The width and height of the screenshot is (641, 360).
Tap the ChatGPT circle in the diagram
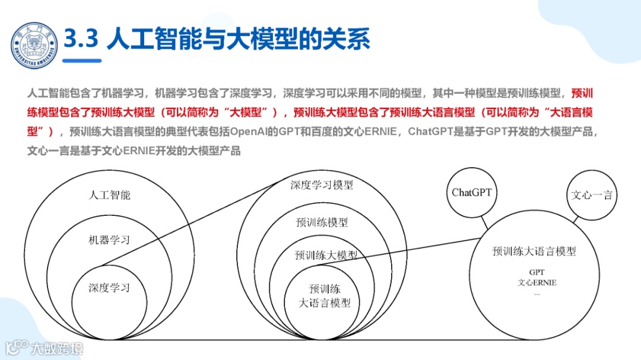pos(472,192)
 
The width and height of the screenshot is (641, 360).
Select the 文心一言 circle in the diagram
pos(591,195)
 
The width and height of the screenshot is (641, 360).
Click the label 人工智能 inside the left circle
pos(109,195)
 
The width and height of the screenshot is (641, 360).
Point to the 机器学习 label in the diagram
pos(109,240)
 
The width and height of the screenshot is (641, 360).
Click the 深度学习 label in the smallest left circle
pos(109,288)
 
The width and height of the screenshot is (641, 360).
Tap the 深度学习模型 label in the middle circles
pos(322,185)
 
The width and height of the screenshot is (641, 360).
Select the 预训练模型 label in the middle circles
pos(322,222)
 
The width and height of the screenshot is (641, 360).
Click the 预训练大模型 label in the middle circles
pos(326,255)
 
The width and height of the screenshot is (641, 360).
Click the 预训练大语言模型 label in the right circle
pos(534,251)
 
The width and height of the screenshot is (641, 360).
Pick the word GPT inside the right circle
pos(537,272)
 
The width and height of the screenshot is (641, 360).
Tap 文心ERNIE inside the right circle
pos(537,282)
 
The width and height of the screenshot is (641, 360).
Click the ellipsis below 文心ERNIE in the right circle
pos(537,293)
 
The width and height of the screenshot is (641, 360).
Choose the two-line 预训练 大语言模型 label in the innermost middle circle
pos(324,296)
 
